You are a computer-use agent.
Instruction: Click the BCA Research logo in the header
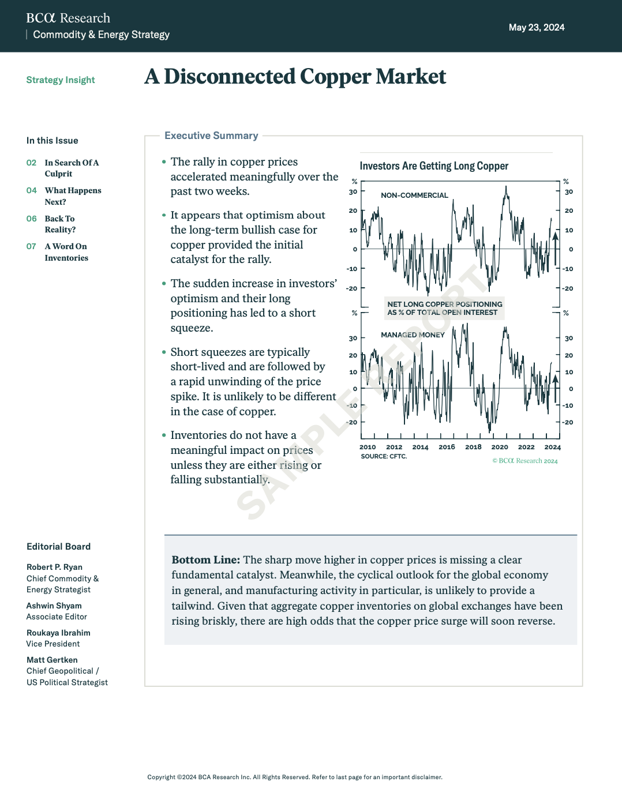[x=68, y=18]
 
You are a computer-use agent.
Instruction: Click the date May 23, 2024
[x=536, y=28]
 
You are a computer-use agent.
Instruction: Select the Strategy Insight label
[x=61, y=80]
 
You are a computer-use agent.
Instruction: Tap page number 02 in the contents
[x=31, y=163]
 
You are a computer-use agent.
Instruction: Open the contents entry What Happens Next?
[x=73, y=196]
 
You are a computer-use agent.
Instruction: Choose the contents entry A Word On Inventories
[x=66, y=252]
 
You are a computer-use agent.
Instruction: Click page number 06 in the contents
[x=31, y=219]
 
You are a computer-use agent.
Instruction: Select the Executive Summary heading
[x=211, y=136]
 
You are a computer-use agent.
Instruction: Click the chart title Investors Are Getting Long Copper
[x=434, y=166]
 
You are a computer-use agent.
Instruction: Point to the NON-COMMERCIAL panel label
[x=414, y=196]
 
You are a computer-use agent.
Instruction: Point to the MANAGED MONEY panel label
[x=413, y=335]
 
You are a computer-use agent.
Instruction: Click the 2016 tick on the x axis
[x=447, y=447]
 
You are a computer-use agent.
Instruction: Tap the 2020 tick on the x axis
[x=500, y=447]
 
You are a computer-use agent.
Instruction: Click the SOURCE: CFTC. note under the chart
[x=384, y=456]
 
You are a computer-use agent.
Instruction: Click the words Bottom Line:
[x=205, y=560]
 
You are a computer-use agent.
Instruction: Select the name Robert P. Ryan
[x=54, y=568]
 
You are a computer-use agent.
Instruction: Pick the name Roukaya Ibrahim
[x=58, y=633]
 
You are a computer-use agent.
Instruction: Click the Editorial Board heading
[x=58, y=547]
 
